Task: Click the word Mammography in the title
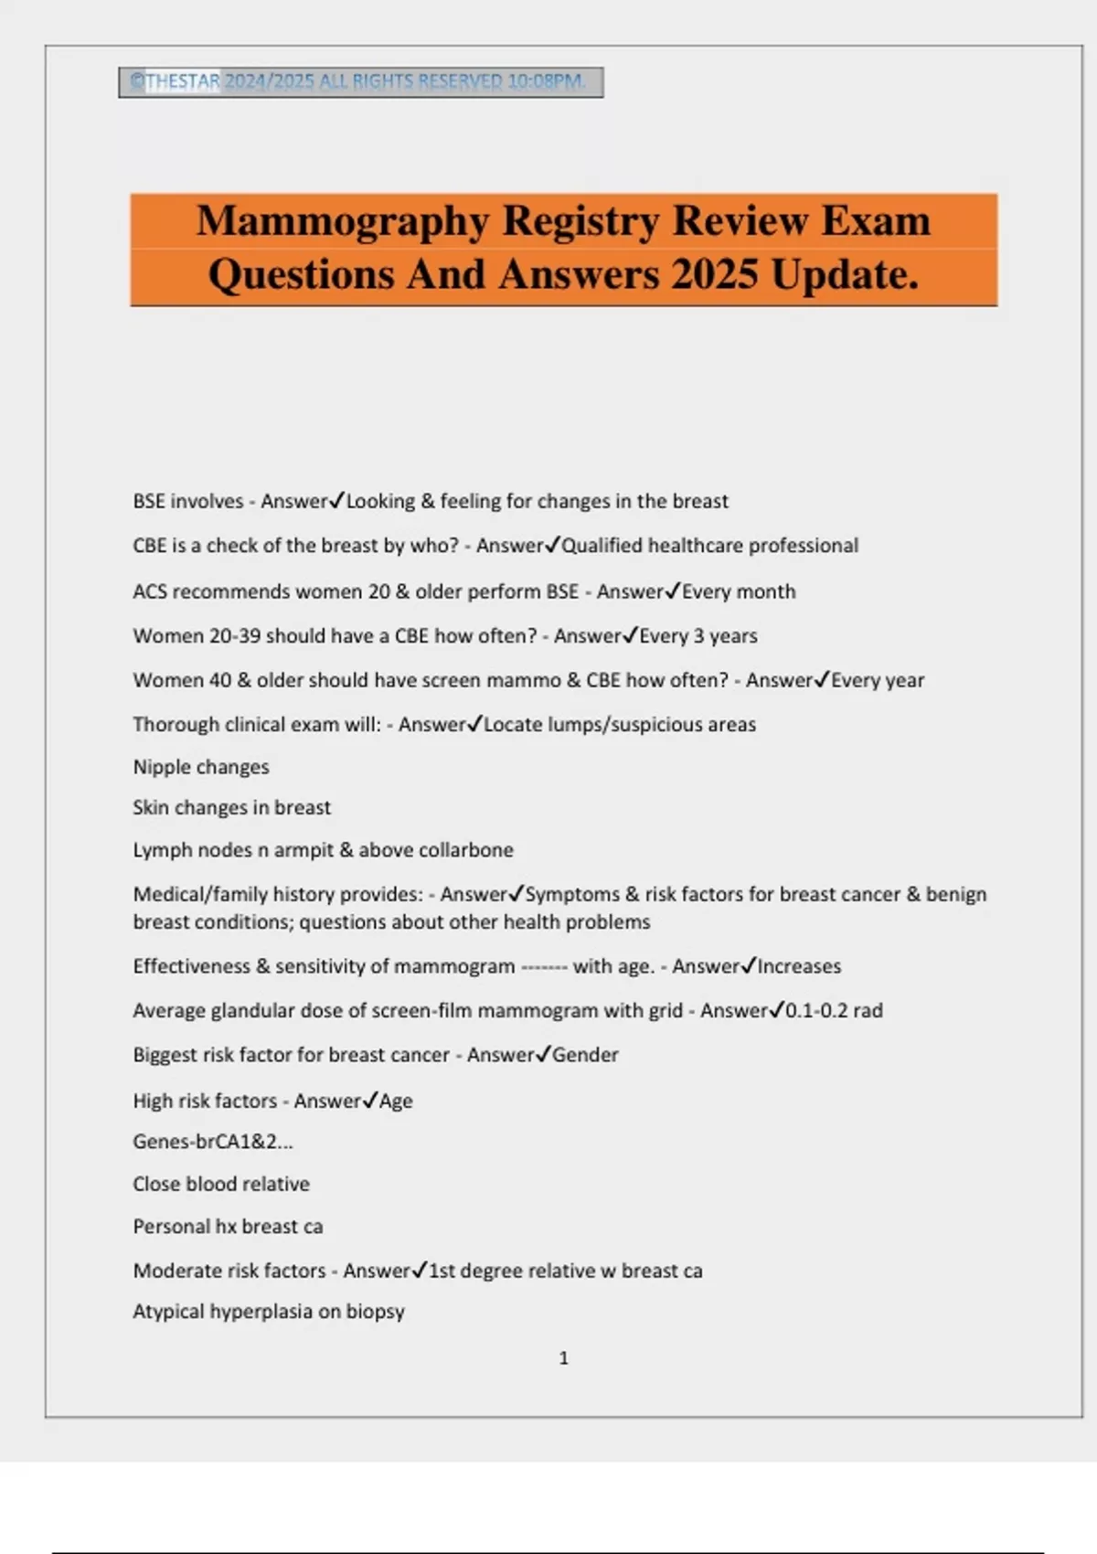[x=342, y=221]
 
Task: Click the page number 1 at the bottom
[x=563, y=1358]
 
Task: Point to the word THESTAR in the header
[x=182, y=81]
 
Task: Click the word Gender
[x=585, y=1055]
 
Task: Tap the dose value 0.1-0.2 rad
[x=834, y=1010]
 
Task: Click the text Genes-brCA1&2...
[x=212, y=1142]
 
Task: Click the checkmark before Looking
[x=336, y=500]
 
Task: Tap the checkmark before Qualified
[x=551, y=545]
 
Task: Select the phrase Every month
[x=739, y=591]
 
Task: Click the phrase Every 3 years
[x=698, y=636]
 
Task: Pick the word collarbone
[x=466, y=850]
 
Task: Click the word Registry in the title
[x=580, y=221]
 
